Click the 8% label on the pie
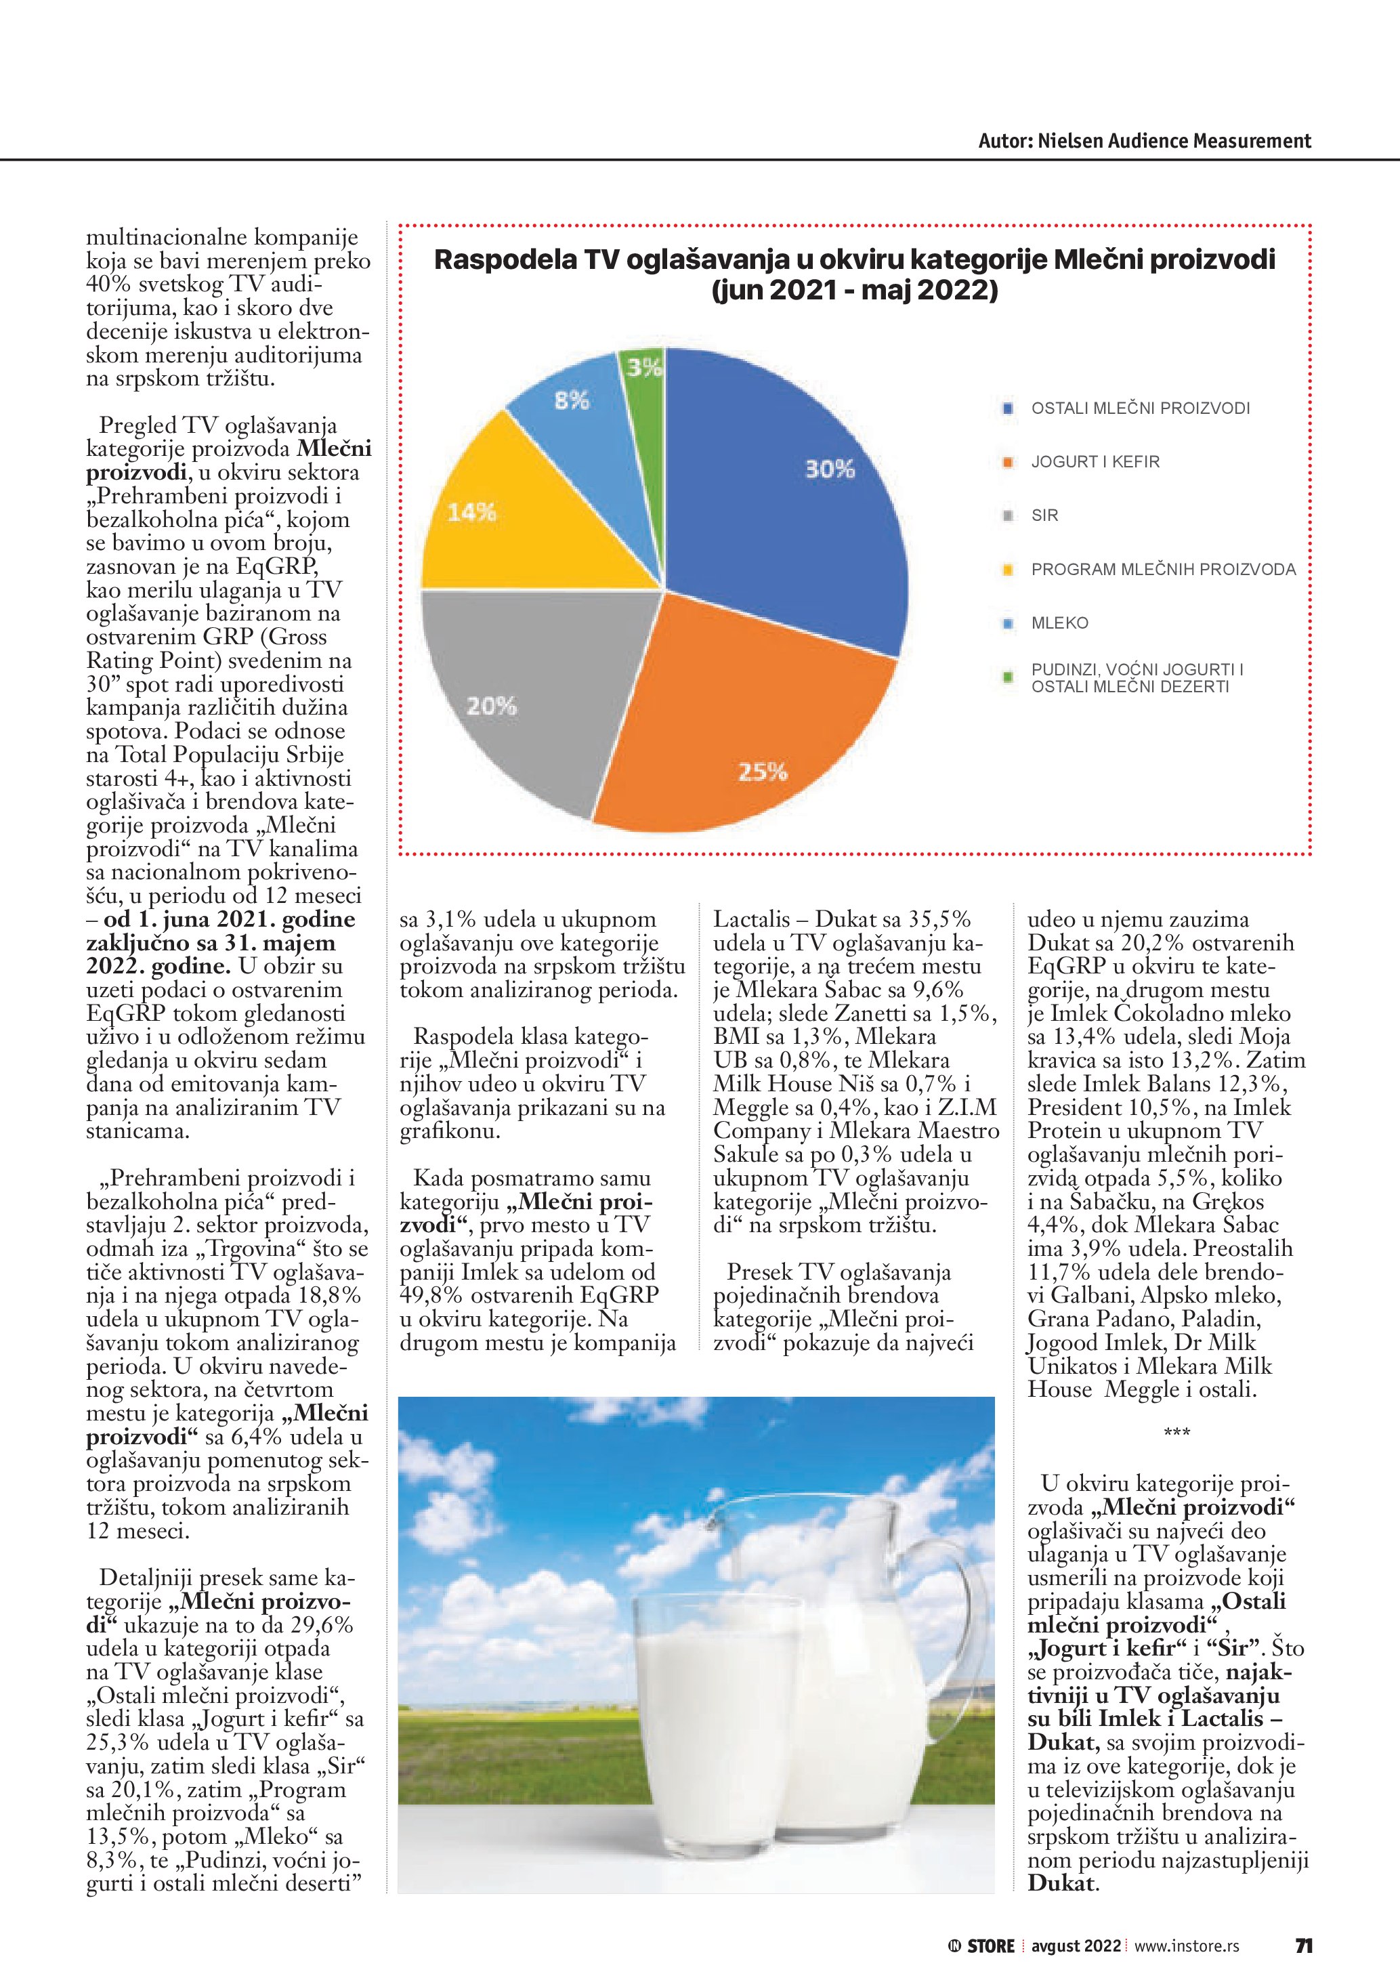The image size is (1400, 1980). [572, 400]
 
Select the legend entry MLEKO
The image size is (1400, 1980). [1059, 623]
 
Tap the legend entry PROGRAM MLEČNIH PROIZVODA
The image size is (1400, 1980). [1163, 569]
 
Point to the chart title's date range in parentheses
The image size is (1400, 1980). [854, 290]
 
